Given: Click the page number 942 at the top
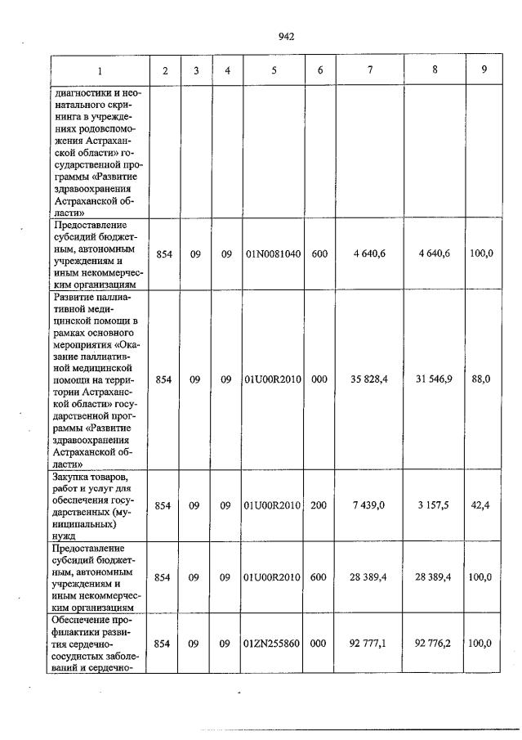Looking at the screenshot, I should [286, 36].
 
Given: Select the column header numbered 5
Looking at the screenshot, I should [274, 70].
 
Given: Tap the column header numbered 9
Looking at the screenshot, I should [484, 70].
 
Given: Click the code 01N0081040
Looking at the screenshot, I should [274, 254].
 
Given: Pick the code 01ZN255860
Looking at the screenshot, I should [274, 644].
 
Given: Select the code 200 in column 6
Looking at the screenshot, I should [319, 506].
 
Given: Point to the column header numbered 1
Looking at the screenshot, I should [100, 70].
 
